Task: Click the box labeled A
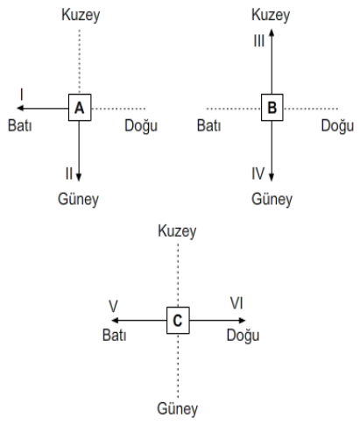[80, 108]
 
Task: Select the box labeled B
[272, 108]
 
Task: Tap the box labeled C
[178, 321]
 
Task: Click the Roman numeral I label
[22, 95]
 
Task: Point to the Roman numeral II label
[69, 174]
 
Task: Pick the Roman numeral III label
[259, 41]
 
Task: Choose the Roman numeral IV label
[258, 174]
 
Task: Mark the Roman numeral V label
[113, 307]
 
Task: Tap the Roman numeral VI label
[236, 303]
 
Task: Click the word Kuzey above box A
[81, 15]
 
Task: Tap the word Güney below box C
[178, 408]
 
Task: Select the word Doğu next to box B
[337, 126]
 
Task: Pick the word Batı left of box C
[114, 336]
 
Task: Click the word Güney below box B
[272, 200]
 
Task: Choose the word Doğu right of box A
[141, 126]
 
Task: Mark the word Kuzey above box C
[177, 231]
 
